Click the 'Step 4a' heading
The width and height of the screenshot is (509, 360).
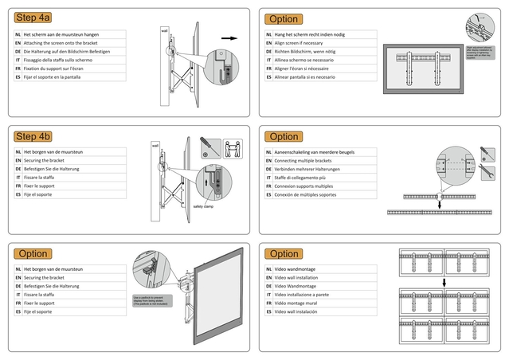(x=33, y=18)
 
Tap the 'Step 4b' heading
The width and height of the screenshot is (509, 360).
(x=33, y=136)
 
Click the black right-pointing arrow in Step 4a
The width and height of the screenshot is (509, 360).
(x=229, y=37)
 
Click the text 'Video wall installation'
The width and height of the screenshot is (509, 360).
(x=301, y=277)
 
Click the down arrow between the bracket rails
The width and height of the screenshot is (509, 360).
(x=439, y=204)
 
